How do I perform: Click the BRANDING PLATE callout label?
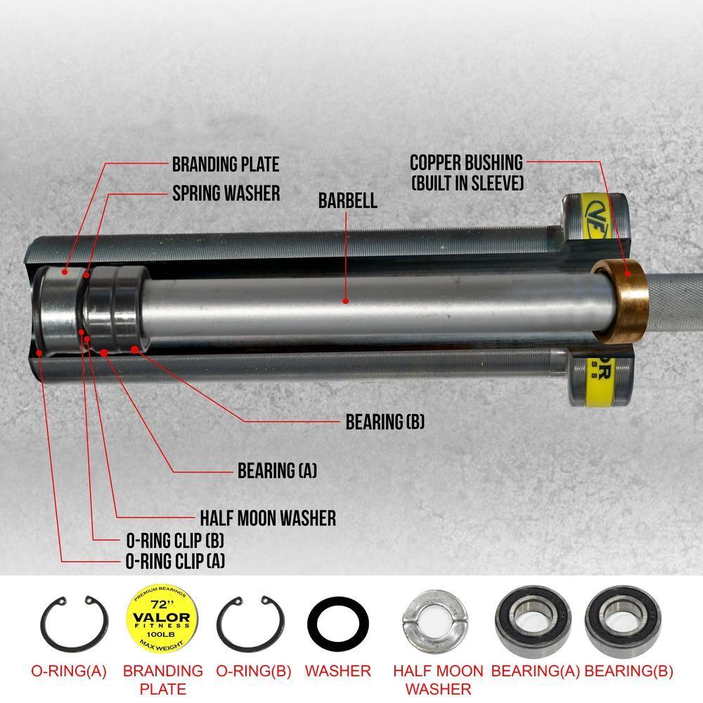[226, 165]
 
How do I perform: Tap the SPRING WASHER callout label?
[226, 193]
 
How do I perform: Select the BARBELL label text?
[347, 200]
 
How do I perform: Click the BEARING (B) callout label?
[385, 423]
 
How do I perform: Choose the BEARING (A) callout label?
[277, 471]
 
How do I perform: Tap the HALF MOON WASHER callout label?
[268, 519]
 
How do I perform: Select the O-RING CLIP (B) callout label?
[175, 541]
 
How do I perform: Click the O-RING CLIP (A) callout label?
[175, 561]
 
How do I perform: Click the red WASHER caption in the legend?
[338, 671]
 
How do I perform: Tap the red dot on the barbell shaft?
[345, 301]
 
